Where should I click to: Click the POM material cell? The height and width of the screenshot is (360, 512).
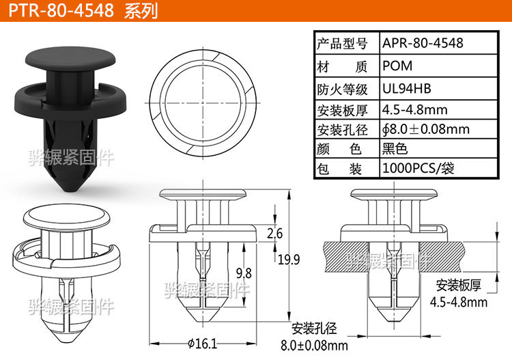coord(396,66)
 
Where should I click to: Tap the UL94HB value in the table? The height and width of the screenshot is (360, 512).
coord(406,88)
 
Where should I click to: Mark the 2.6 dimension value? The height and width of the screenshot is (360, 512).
coord(275,234)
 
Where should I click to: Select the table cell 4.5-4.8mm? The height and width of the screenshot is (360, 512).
coord(414,109)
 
